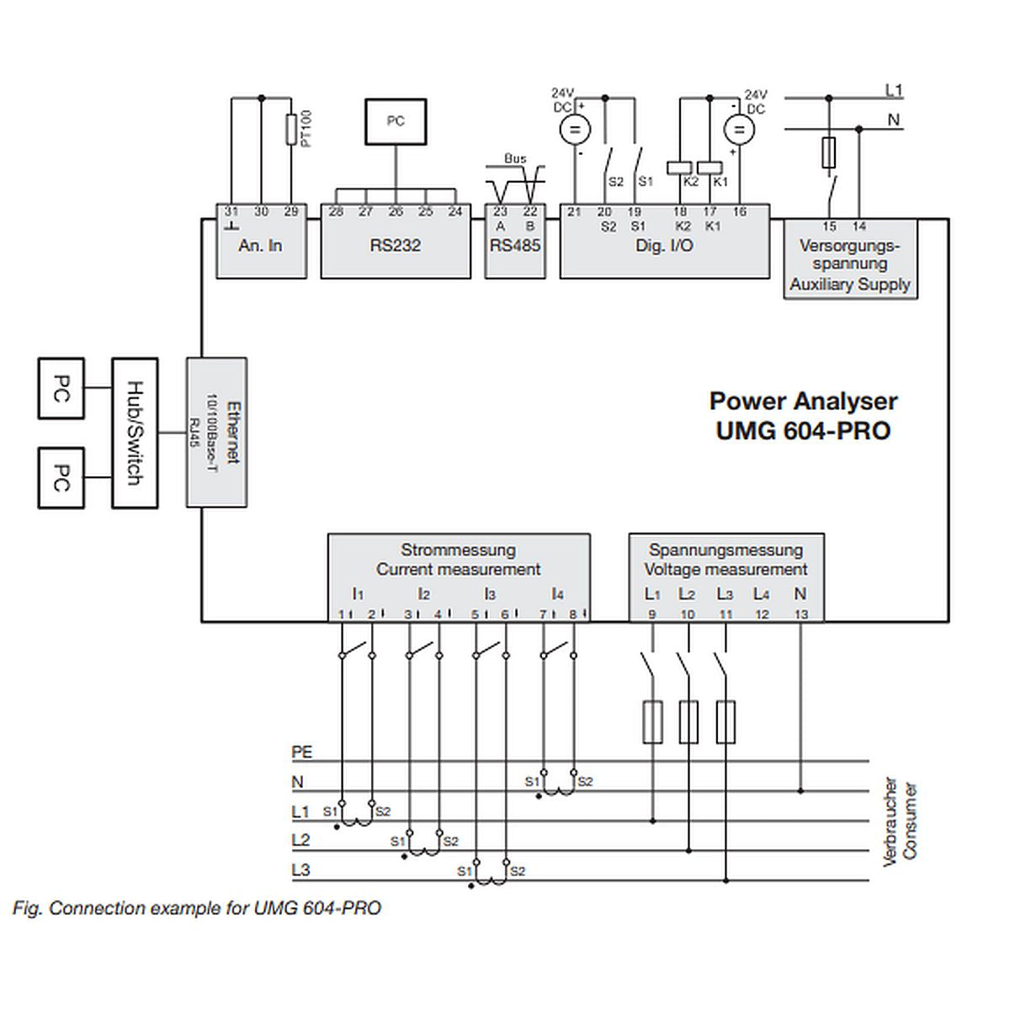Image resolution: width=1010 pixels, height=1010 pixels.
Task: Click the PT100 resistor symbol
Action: pos(291,130)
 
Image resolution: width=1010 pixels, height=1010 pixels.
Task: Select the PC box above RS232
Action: pos(396,121)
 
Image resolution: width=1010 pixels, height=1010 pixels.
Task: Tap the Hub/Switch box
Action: pos(135,433)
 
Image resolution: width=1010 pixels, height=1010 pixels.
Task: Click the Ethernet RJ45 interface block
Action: pos(216,433)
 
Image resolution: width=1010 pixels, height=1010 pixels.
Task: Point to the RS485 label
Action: pos(515,245)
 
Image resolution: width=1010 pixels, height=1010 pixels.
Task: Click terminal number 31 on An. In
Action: pos(231,212)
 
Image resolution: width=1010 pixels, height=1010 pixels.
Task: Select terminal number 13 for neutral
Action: pos(800,614)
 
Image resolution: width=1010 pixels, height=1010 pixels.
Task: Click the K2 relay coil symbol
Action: pos(680,167)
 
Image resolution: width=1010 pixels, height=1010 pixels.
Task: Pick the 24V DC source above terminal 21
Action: pos(576,130)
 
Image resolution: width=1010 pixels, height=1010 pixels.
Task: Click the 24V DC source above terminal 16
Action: pos(739,130)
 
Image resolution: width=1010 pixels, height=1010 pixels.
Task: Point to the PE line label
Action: pos(301,752)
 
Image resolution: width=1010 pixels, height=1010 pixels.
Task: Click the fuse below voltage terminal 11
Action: pos(726,721)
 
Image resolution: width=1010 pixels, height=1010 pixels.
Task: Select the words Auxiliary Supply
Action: pos(850,284)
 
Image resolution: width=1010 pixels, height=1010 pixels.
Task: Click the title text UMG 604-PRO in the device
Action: pos(803,430)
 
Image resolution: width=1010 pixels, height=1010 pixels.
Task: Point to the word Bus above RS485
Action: pos(515,158)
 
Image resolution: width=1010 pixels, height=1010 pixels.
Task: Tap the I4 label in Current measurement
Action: pos(557,594)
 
